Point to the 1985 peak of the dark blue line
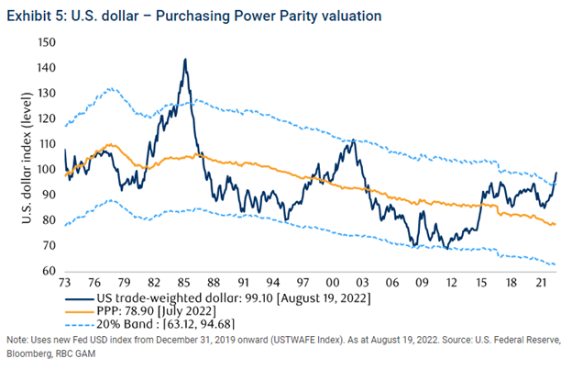[x=185, y=60]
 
